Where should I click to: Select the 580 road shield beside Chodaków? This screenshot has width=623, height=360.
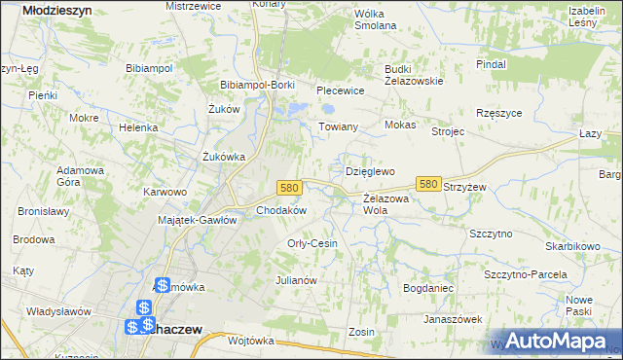tap(287, 187)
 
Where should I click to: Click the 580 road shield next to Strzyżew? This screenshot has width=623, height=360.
tap(427, 183)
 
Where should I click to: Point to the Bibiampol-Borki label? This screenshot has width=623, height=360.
tap(257, 85)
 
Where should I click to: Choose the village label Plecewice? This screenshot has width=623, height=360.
tap(340, 90)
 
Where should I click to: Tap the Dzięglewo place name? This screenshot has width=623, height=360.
tap(370, 171)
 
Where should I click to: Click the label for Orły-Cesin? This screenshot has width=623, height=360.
tap(312, 243)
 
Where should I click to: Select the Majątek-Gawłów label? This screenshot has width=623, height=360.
tap(198, 220)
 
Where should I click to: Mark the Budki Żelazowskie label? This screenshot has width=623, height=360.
tap(414, 75)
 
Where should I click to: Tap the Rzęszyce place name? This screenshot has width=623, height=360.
tap(499, 113)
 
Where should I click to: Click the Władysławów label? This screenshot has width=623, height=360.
tap(58, 311)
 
